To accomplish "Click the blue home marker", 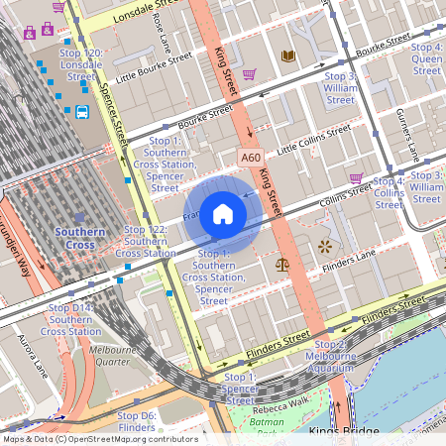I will [223, 214].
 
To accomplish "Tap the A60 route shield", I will [251, 158].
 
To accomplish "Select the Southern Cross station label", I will [80, 238].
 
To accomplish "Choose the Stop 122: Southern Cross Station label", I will [145, 241].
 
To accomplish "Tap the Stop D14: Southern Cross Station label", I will [71, 319].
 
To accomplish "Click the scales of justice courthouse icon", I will [283, 265].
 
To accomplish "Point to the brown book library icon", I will [287, 56].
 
